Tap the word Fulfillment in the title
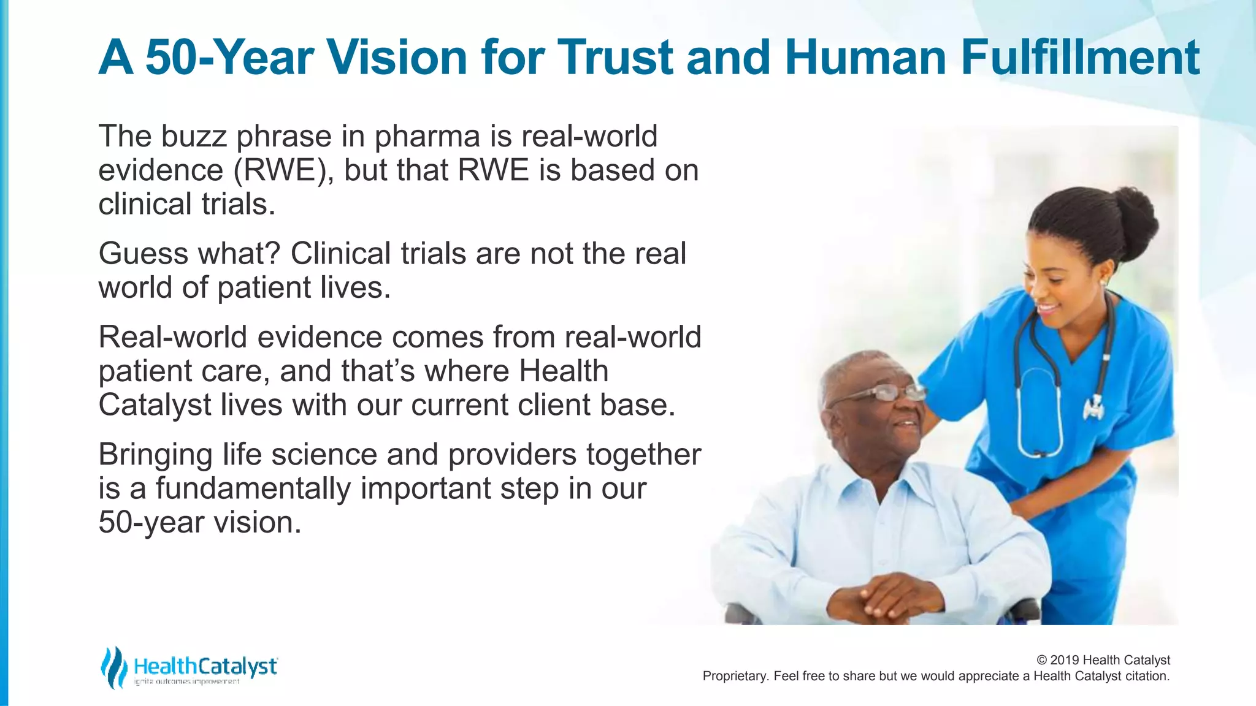pyautogui.click(x=1080, y=58)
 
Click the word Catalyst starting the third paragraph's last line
pyautogui.click(x=155, y=405)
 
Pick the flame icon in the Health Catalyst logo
pyautogui.click(x=113, y=667)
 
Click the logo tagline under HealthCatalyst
pyautogui.click(x=187, y=682)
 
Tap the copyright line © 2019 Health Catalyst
pyautogui.click(x=1103, y=660)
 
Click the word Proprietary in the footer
pyautogui.click(x=735, y=676)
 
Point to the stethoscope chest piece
pyautogui.click(x=1093, y=406)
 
